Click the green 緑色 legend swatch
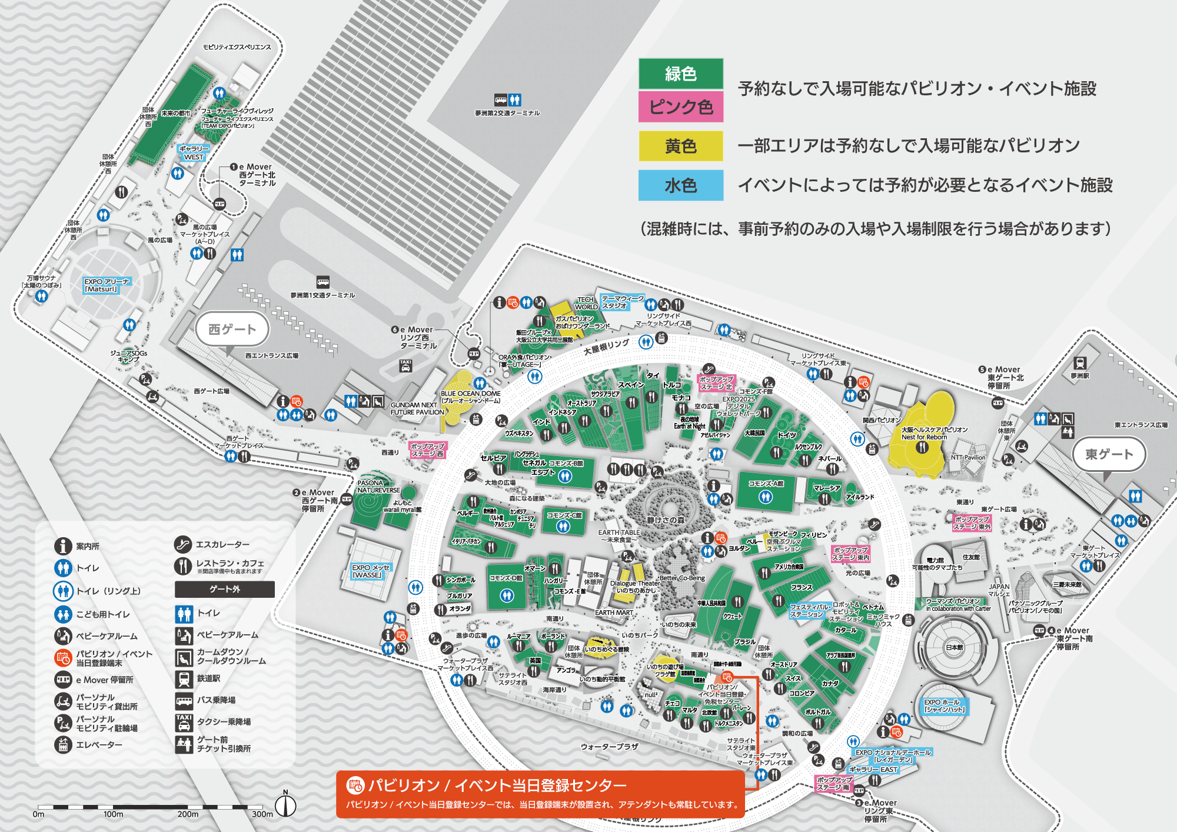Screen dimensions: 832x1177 coord(681,74)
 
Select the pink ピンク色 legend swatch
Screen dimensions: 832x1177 coord(681,107)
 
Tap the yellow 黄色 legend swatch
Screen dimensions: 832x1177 coord(681,146)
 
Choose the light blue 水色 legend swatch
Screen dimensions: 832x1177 coord(681,185)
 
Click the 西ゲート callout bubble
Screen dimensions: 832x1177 coord(232,329)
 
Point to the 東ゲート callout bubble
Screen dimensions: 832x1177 coord(1109,454)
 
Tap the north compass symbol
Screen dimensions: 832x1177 coord(286,805)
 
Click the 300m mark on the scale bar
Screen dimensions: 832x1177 coord(262,814)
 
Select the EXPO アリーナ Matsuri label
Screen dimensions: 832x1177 coord(107,285)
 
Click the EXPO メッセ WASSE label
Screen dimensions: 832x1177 coord(370,571)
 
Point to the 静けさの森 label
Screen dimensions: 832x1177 coord(666,520)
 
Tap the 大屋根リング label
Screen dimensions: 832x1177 coord(606,347)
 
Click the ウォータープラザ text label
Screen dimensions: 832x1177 coord(609,747)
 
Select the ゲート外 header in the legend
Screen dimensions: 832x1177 coord(225,589)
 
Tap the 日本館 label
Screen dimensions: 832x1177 coord(955,647)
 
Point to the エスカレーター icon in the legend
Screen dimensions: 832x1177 coord(183,544)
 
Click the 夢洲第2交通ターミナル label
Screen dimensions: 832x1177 coord(507,113)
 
